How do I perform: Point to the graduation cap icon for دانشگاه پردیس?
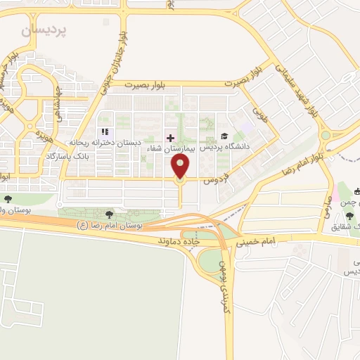(x=224, y=136)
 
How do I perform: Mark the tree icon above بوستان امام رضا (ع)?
(x=109, y=214)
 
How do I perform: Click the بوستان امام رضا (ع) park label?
(x=109, y=225)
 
